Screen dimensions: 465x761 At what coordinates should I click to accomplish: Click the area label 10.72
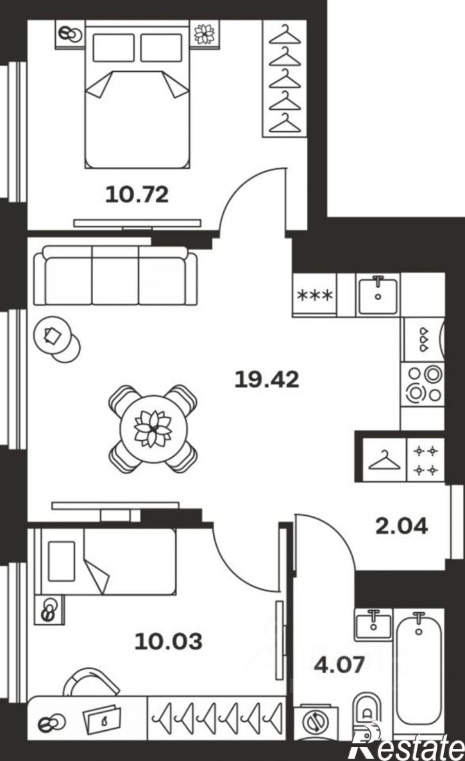point(137,194)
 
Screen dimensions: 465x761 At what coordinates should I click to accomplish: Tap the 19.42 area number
point(267,379)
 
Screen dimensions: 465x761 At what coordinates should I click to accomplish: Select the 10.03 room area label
point(168,642)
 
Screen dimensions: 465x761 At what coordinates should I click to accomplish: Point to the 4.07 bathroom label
point(339,664)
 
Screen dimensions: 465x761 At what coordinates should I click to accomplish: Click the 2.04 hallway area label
point(402,526)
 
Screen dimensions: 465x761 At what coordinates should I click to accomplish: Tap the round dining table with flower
point(153,429)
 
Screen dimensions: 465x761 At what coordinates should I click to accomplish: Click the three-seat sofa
point(115,275)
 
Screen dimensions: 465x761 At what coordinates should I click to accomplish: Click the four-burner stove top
point(423,384)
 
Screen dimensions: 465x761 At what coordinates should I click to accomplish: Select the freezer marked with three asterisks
point(315,295)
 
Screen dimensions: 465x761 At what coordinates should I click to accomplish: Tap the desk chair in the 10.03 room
point(91,681)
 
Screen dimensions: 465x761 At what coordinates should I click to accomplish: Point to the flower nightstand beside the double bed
point(204,33)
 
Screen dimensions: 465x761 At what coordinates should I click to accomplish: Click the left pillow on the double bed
point(114,47)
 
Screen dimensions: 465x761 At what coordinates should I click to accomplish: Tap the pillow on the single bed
point(62,561)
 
